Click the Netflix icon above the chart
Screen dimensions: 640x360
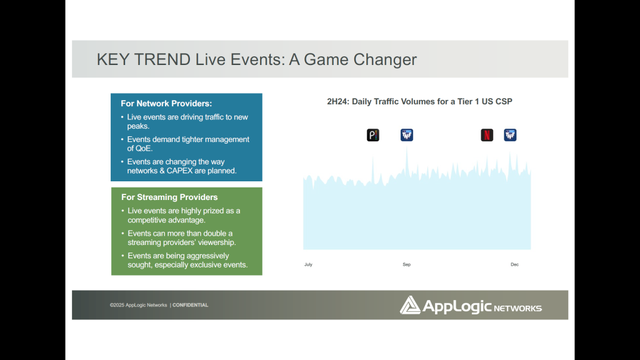pyautogui.click(x=487, y=135)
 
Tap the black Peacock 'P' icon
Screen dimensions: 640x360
pyautogui.click(x=373, y=135)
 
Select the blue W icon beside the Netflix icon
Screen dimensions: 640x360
pyautogui.click(x=510, y=135)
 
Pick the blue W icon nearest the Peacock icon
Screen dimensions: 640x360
pyautogui.click(x=407, y=135)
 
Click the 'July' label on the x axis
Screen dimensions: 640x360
pyautogui.click(x=308, y=264)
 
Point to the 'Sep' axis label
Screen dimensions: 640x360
pyautogui.click(x=406, y=264)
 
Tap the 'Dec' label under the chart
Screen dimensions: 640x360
pyautogui.click(x=515, y=264)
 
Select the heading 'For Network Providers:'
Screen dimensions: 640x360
pyautogui.click(x=166, y=104)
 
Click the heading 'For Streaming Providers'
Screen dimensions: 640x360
pyautogui.click(x=169, y=197)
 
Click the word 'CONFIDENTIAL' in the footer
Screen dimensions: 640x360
pyautogui.click(x=190, y=305)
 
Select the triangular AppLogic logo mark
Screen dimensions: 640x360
pyautogui.click(x=410, y=305)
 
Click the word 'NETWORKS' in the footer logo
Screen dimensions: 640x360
pyautogui.click(x=518, y=308)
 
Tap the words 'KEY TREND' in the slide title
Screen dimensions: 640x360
pyautogui.click(x=144, y=59)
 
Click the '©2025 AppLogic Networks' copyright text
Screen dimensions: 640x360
pyautogui.click(x=138, y=305)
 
